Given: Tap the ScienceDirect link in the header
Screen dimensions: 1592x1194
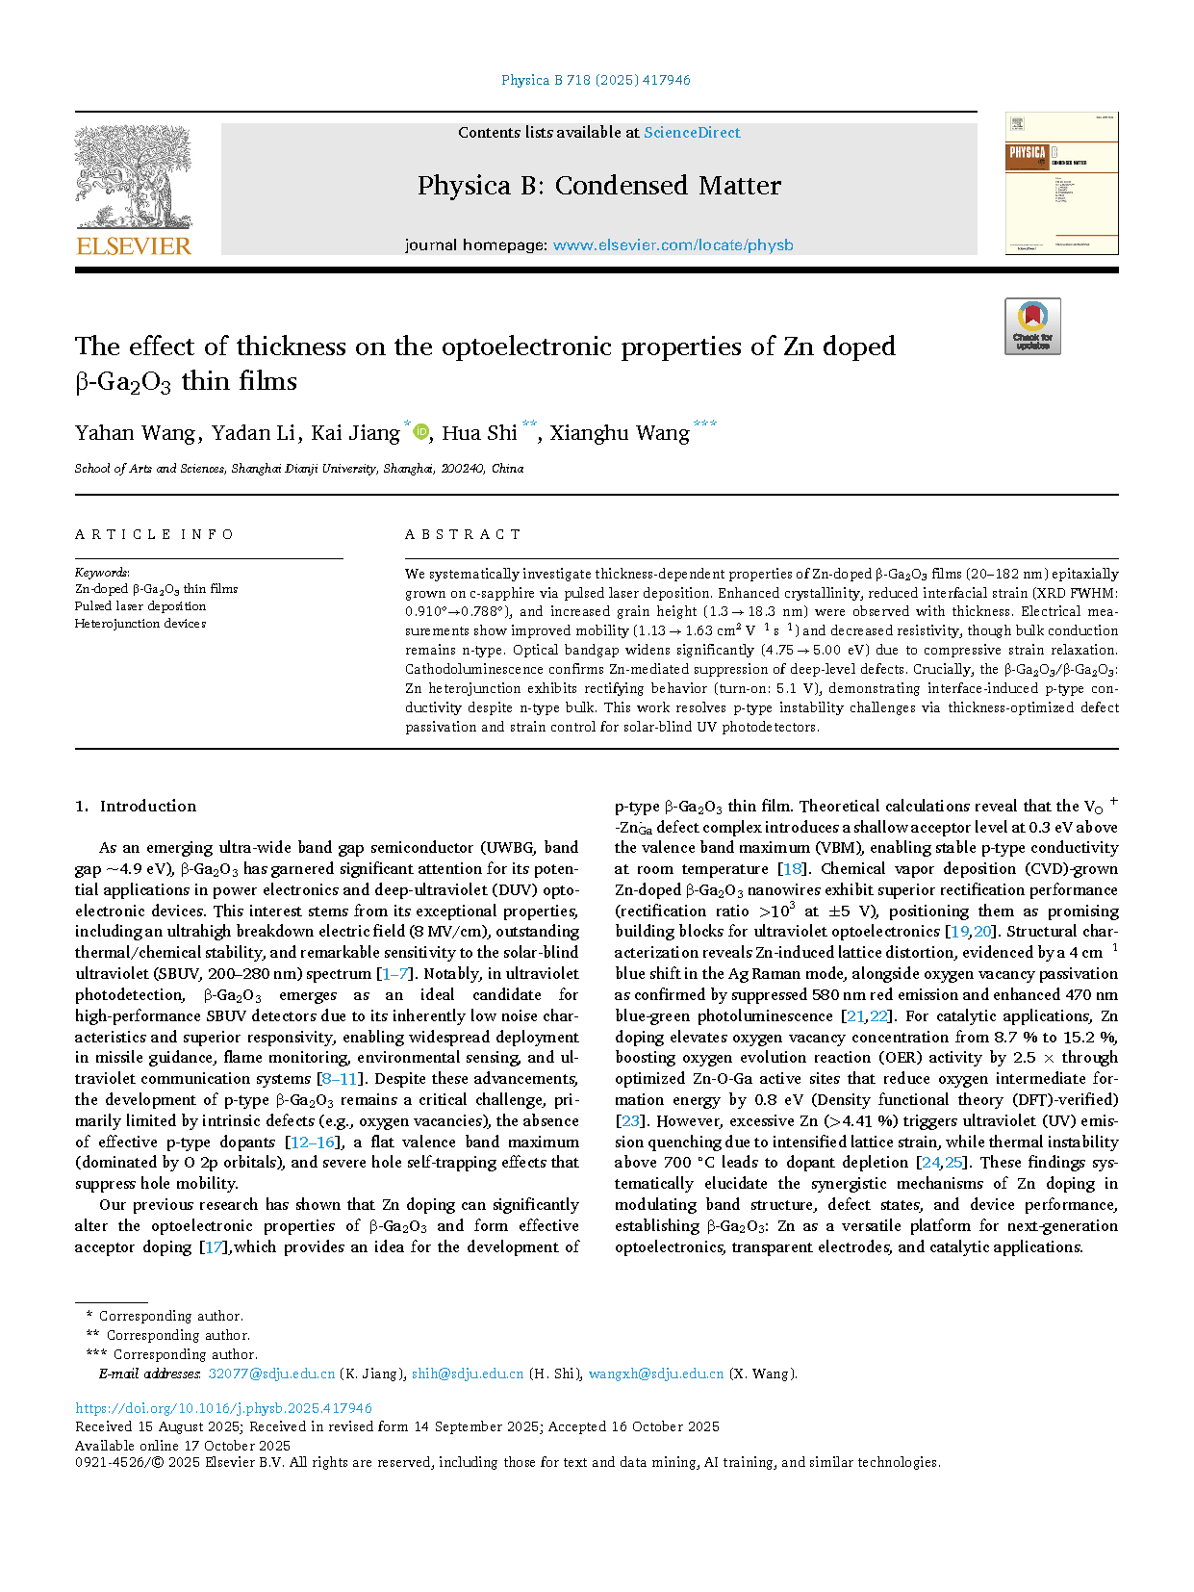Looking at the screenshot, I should (x=692, y=133).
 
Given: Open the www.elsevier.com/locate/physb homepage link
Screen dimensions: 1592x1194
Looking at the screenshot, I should (x=673, y=245).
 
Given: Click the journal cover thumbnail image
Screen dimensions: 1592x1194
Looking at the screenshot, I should (x=1061, y=184).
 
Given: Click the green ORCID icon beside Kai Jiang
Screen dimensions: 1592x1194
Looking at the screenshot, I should (x=420, y=432).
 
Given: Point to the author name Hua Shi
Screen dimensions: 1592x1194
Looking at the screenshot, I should (x=479, y=433).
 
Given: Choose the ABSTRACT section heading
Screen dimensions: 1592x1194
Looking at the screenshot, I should (x=463, y=534).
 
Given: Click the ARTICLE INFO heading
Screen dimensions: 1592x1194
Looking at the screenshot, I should (x=154, y=534).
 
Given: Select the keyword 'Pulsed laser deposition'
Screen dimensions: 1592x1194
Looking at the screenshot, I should (x=140, y=606).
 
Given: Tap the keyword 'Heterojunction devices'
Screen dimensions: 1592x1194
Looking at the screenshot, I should (x=140, y=624).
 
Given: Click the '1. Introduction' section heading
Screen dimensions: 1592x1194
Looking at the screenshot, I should (x=136, y=807).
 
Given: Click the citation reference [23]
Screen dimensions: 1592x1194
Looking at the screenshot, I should (x=630, y=1121).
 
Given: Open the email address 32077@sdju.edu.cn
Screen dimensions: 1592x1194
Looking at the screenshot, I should (x=271, y=1374).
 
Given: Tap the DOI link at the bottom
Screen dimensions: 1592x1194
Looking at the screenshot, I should (x=223, y=1408).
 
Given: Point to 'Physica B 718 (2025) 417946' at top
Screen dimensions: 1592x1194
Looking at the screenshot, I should (x=596, y=80).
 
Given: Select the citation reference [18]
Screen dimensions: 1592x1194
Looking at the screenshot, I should (x=794, y=869).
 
